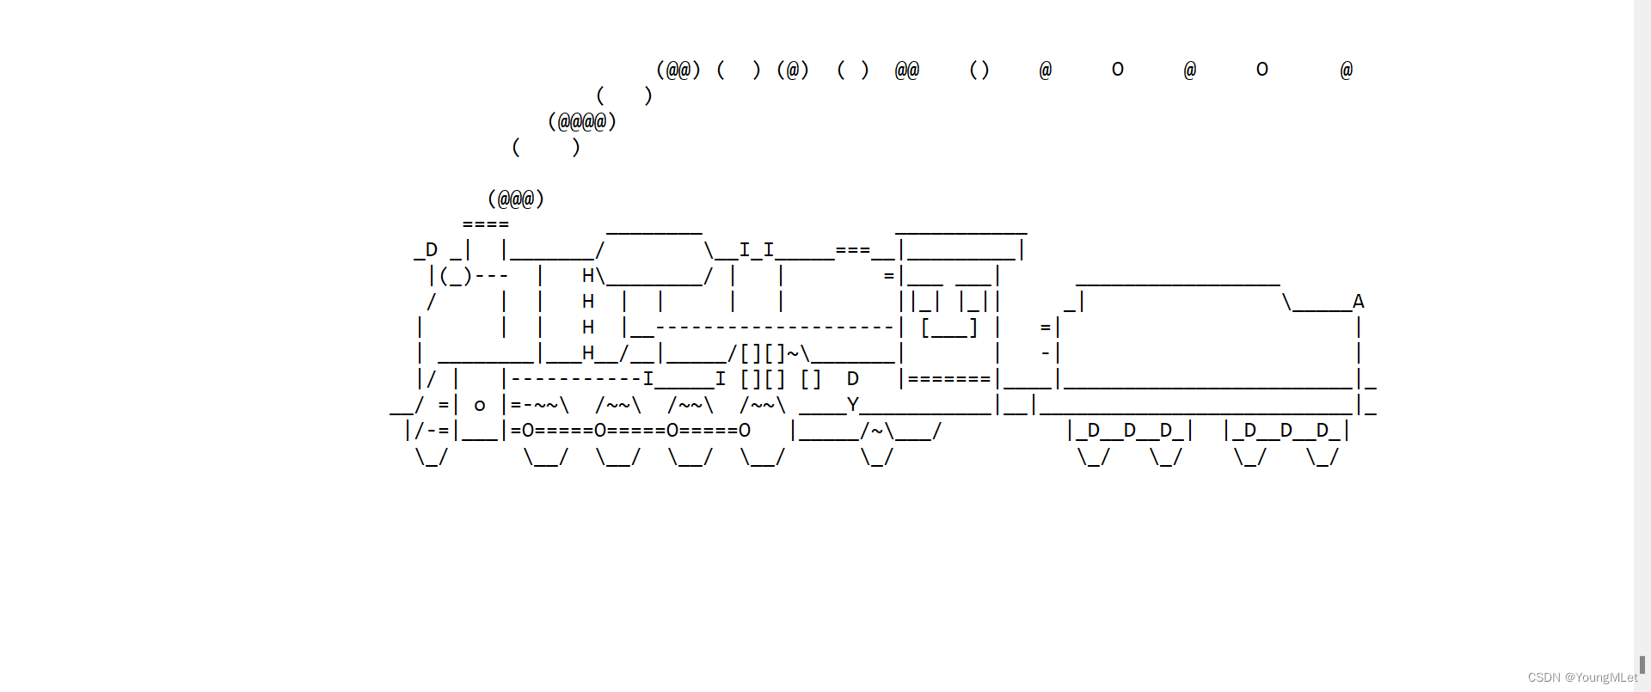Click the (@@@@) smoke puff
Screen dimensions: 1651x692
point(582,121)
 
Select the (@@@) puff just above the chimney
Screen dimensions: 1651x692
point(516,199)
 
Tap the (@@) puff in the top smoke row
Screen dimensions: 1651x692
point(678,70)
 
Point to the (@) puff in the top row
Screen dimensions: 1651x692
point(793,70)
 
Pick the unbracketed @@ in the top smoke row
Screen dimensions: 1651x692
point(907,70)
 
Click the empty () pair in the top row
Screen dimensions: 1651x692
point(979,70)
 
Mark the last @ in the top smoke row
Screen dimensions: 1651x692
point(1346,70)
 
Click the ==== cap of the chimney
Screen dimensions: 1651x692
point(486,224)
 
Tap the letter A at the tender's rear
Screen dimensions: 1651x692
point(1358,302)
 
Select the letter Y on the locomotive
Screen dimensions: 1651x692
point(853,404)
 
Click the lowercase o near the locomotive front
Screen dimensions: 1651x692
point(480,406)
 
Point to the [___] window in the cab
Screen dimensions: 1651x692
point(949,328)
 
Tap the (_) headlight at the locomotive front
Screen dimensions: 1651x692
point(456,276)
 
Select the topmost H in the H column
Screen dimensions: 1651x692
point(588,276)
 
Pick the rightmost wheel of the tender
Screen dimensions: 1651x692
point(1322,457)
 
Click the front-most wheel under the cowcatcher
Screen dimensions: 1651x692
point(432,457)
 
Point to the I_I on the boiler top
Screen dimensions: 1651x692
point(757,250)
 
